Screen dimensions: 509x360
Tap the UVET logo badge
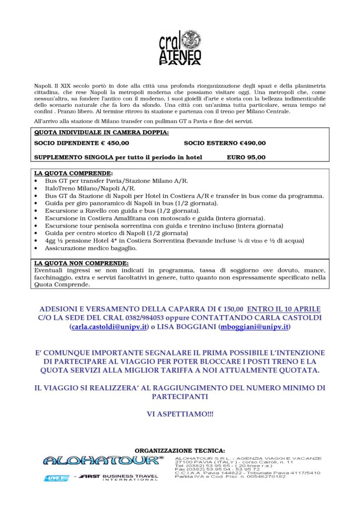(56, 478)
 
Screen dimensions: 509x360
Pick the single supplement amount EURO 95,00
(246, 158)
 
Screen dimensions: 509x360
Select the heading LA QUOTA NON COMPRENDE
(81, 263)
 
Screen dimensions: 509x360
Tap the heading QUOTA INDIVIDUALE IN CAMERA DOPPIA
(101, 133)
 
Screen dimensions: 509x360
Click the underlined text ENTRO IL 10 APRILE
(284, 309)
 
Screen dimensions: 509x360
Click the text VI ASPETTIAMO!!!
(180, 414)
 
